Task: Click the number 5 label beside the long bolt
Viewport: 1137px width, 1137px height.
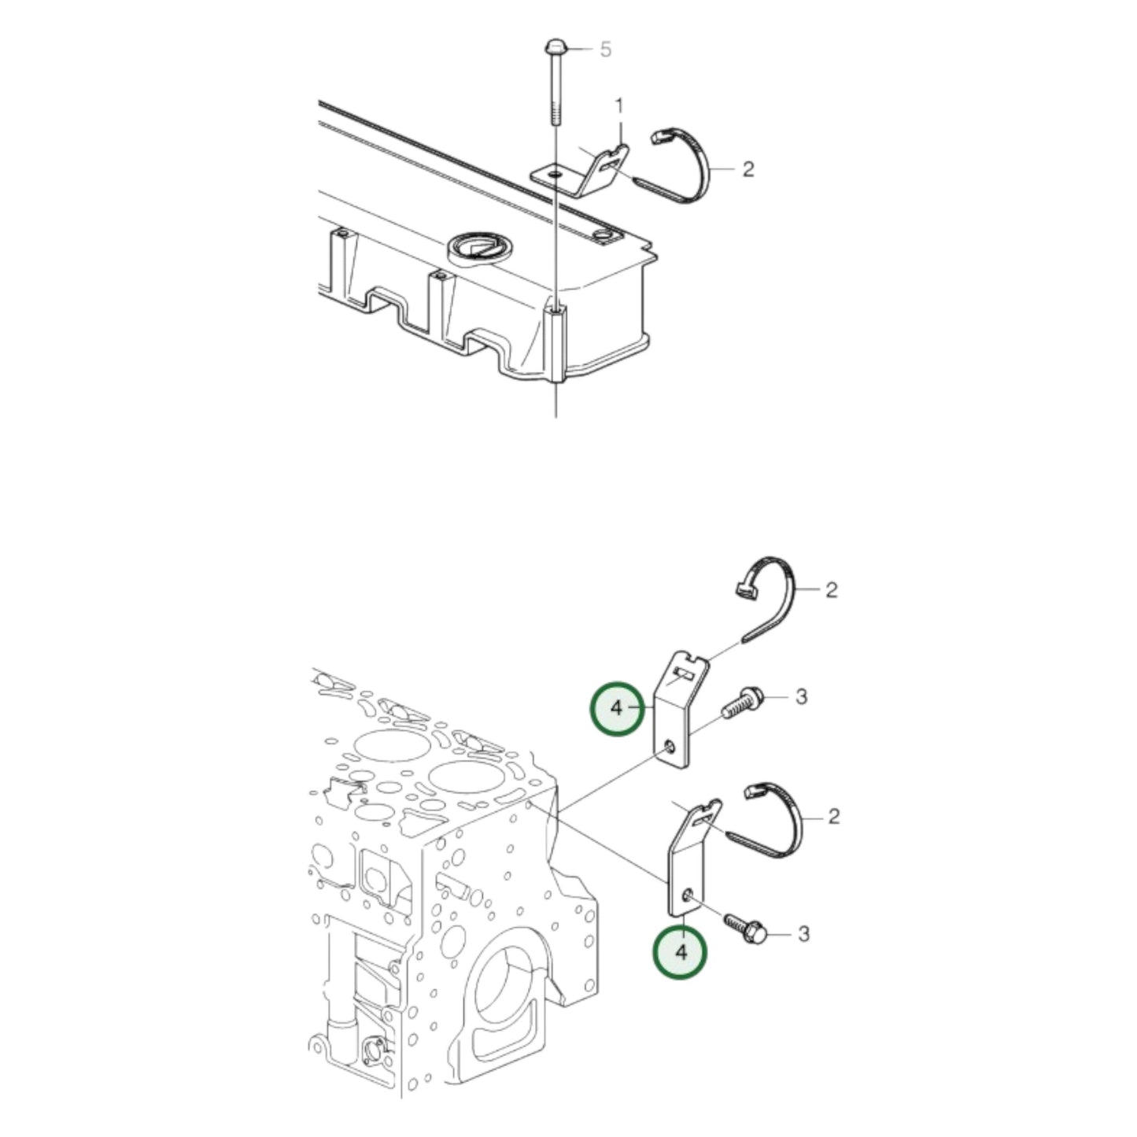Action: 606,50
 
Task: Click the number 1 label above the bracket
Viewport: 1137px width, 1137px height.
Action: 619,107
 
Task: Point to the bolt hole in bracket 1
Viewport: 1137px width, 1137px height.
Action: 555,175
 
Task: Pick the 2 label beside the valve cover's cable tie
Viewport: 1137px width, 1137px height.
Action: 748,170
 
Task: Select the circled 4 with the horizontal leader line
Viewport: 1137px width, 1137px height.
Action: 617,708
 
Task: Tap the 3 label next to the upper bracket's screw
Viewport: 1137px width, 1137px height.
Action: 801,697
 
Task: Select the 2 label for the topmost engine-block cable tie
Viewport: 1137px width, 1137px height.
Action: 832,589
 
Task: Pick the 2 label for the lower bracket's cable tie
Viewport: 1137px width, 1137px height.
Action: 833,818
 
